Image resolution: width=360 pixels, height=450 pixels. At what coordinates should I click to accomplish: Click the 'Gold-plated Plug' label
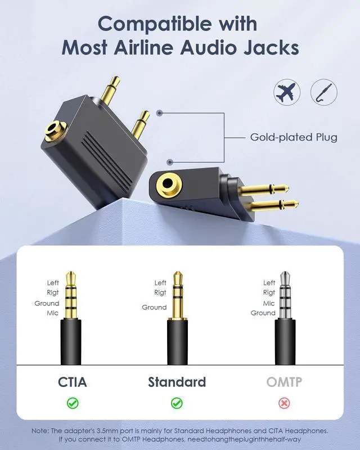coord(294,137)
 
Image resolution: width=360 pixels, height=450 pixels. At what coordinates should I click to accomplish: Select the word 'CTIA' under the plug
coord(73,382)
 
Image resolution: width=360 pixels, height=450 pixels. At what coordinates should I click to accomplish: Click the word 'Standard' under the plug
coord(177,382)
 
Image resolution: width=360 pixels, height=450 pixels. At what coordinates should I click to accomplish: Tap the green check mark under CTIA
coord(73,403)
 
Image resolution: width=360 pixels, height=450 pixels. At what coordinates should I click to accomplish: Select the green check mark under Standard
coord(177,403)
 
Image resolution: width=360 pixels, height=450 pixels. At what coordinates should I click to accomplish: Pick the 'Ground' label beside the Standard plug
coord(154,307)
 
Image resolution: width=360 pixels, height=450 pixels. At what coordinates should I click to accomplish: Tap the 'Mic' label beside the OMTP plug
coord(269,303)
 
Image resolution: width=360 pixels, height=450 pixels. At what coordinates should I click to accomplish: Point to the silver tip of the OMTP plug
coord(286,277)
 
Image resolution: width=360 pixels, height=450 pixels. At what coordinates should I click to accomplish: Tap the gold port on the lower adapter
coord(167,184)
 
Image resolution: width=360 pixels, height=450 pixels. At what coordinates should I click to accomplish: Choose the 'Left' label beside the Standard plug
coord(160,283)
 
